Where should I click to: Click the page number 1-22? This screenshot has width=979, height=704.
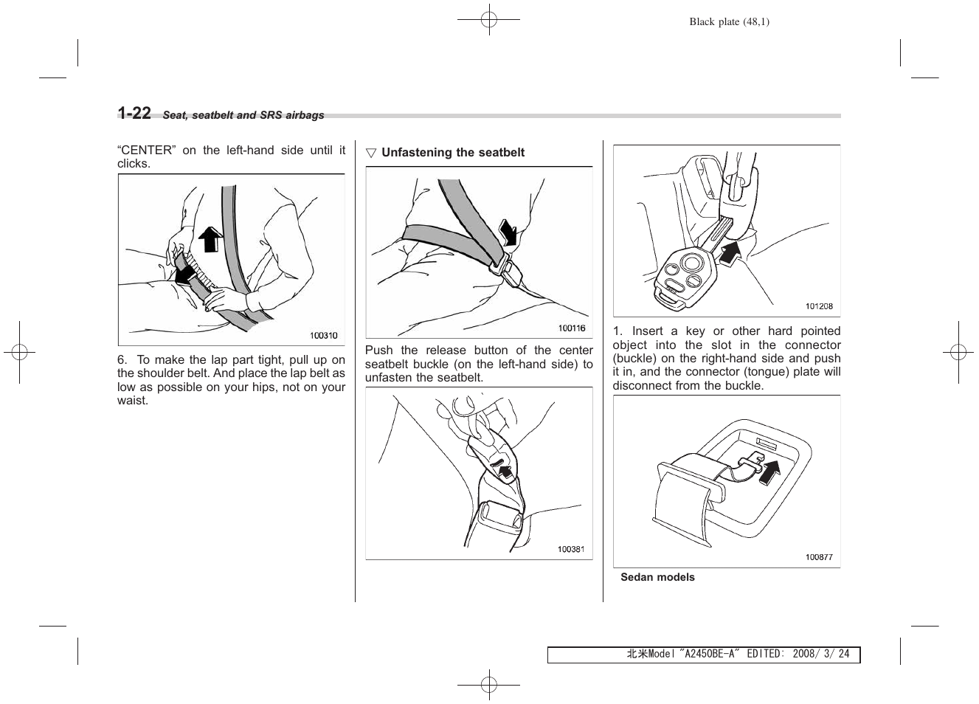pyautogui.click(x=134, y=113)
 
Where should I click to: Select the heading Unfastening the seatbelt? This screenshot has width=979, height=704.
pyautogui.click(x=452, y=153)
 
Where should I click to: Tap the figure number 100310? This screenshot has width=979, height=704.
pyautogui.click(x=323, y=336)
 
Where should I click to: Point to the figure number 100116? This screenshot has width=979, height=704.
pyautogui.click(x=572, y=328)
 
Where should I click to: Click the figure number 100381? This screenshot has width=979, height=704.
pyautogui.click(x=571, y=549)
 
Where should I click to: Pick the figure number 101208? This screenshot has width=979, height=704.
pyautogui.click(x=819, y=306)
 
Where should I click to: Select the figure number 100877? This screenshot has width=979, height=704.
pyautogui.click(x=819, y=557)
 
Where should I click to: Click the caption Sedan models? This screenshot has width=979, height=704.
pyautogui.click(x=657, y=577)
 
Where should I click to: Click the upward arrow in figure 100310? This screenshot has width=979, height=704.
pyautogui.click(x=211, y=239)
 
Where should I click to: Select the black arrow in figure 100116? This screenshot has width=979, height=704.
pyautogui.click(x=508, y=231)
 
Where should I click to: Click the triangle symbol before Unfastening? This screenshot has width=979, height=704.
pyautogui.click(x=371, y=153)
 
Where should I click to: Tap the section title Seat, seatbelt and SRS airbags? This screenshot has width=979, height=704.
pyautogui.click(x=243, y=115)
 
